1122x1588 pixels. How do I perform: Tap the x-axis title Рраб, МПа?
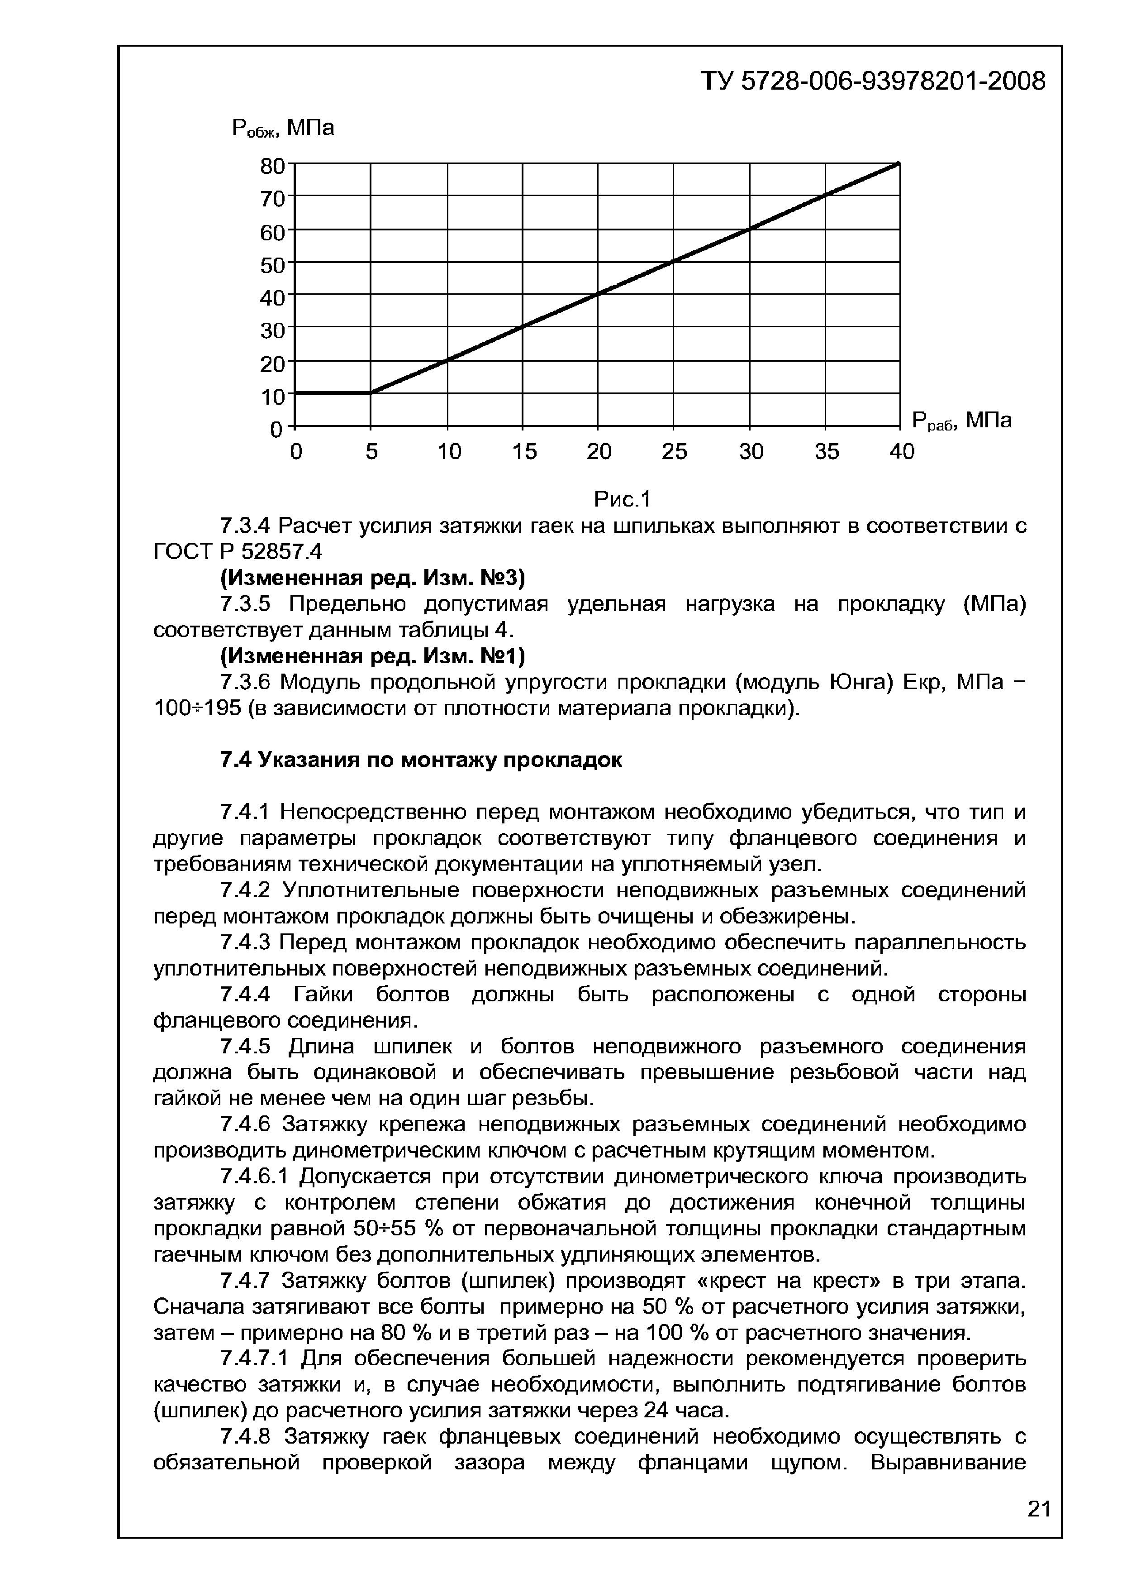coord(961,421)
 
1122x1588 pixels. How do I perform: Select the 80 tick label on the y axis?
coord(272,167)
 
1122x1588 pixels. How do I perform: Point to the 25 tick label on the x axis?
coord(674,452)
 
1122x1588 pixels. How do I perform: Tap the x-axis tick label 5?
coord(372,452)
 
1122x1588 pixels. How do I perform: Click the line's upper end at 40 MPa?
coord(898,164)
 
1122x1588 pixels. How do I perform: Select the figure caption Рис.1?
coord(622,499)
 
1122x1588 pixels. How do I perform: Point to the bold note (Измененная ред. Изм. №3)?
coord(373,578)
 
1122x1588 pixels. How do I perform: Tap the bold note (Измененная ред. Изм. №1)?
coord(373,655)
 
